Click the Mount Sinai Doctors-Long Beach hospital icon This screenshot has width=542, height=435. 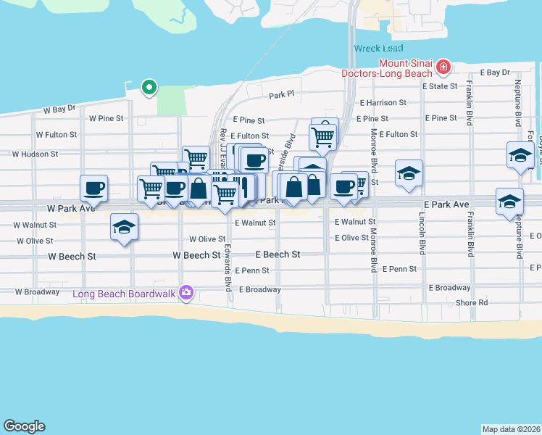click(x=443, y=69)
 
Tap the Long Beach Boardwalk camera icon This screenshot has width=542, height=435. click(x=187, y=292)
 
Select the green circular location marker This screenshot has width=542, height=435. click(x=149, y=88)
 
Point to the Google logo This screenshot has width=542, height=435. click(x=24, y=426)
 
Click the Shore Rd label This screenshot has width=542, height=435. click(x=472, y=302)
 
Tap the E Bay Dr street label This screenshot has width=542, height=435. click(x=496, y=72)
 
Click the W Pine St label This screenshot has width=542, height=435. click(x=106, y=117)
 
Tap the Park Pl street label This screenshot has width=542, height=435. click(x=281, y=95)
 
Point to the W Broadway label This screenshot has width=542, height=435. click(x=37, y=291)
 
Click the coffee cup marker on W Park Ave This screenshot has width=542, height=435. click(x=93, y=188)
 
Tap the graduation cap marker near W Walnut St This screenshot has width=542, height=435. click(x=124, y=227)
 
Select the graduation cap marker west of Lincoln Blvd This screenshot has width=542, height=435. click(x=409, y=173)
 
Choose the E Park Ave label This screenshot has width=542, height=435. click(x=446, y=204)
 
